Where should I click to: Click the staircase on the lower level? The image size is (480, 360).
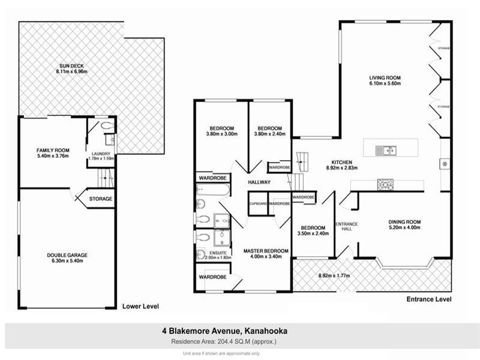[x=105, y=177]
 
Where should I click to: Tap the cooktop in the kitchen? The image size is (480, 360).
[x=385, y=185]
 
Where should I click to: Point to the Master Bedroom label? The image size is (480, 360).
[x=265, y=250]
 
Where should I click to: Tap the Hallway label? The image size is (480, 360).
[x=259, y=182]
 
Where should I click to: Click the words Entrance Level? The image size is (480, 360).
[x=428, y=299]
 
